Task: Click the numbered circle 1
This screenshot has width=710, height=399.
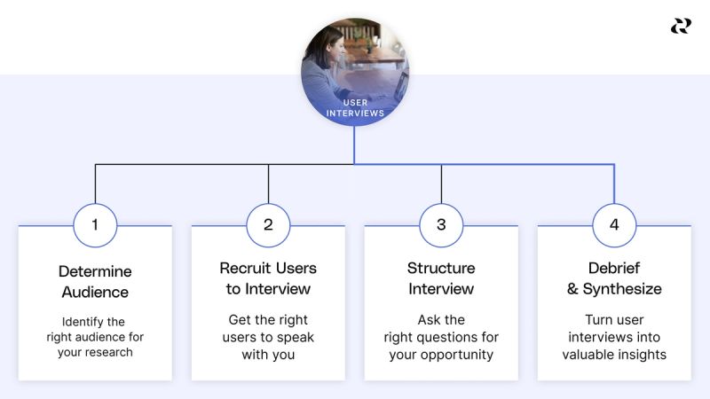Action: pos(95,225)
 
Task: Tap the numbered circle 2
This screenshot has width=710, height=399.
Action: pos(268,225)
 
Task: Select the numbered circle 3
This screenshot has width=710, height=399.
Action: pos(441,225)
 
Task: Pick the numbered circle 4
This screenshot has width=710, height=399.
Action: pos(614,225)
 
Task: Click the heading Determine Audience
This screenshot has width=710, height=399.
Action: pos(95,281)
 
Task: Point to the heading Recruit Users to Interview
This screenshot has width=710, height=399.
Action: pos(268,278)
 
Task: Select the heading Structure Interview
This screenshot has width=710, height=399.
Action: pos(441,278)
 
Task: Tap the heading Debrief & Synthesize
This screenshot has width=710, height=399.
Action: pos(614,278)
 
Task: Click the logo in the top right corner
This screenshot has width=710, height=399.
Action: pos(681,27)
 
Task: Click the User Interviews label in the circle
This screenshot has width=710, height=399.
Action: pos(355,108)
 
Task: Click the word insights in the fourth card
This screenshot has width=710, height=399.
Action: pos(643,355)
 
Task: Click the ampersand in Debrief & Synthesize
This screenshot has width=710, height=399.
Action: pos(572,289)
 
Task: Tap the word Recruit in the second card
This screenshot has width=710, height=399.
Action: pos(243,268)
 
